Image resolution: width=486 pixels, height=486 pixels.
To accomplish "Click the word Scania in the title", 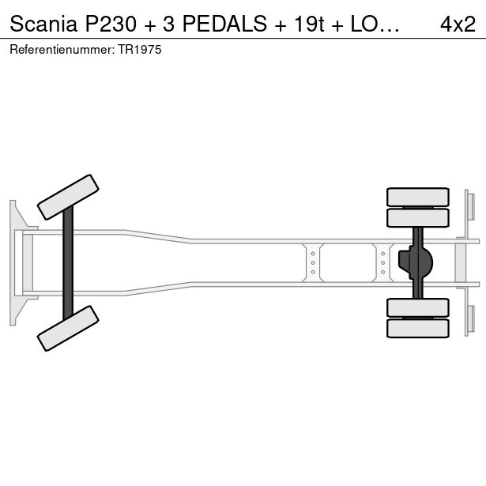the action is click(43, 24).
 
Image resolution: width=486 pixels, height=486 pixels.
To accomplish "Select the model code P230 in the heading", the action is click(111, 24).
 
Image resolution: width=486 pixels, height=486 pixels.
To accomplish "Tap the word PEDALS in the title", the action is click(224, 24).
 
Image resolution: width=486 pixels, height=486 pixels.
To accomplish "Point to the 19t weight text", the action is click(309, 24).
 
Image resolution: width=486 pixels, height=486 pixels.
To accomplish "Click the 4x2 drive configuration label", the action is click(458, 24).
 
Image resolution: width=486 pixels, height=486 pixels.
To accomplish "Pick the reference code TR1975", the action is click(139, 50).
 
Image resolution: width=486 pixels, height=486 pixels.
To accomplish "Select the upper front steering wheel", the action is click(68, 197).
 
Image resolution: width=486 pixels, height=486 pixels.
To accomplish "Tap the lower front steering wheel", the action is click(68, 328).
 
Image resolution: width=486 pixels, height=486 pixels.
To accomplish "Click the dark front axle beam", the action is click(68, 263).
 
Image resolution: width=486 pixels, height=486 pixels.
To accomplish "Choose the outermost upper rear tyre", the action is click(418, 197).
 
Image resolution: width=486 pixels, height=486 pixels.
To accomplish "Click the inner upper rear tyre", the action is click(418, 218).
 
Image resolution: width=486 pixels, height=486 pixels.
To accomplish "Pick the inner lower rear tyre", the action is click(418, 307).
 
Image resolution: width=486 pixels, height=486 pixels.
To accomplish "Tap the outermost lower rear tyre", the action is click(418, 329).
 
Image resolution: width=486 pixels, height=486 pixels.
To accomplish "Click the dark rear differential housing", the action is click(416, 262).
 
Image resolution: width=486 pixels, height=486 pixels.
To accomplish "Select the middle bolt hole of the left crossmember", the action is click(313, 263).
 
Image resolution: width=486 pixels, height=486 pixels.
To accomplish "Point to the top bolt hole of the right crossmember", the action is click(382, 254).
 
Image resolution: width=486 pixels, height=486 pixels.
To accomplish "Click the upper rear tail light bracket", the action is click(470, 207).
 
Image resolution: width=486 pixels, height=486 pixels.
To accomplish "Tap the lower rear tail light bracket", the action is click(470, 319).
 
